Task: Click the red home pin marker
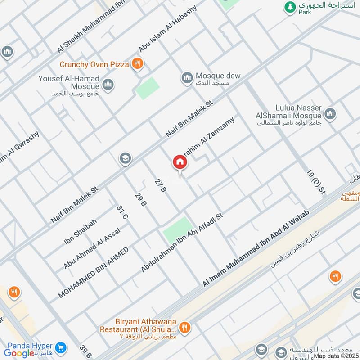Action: [x=179, y=162]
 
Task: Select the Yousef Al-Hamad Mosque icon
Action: [x=108, y=84]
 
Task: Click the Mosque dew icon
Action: [x=187, y=79]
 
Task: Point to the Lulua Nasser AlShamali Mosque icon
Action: [x=330, y=114]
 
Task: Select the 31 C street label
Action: [x=122, y=212]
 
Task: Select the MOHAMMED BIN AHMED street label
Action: [x=93, y=273]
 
